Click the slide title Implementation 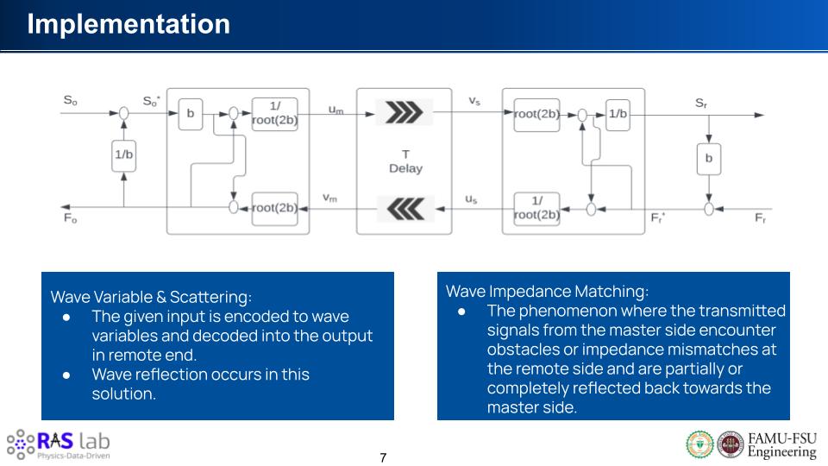(x=129, y=23)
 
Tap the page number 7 (x=384, y=457)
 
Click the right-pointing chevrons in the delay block (x=404, y=112)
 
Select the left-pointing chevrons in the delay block (x=404, y=209)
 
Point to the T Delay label (x=405, y=161)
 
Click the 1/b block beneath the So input (x=124, y=154)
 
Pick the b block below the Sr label (x=708, y=159)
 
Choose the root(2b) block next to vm (x=275, y=208)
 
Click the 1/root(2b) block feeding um (x=275, y=114)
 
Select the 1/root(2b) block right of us (x=536, y=208)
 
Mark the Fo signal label (x=70, y=219)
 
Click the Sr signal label (x=701, y=103)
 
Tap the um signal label (x=336, y=109)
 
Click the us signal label (x=471, y=198)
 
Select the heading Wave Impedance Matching (x=547, y=291)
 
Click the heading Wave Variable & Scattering (x=151, y=297)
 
